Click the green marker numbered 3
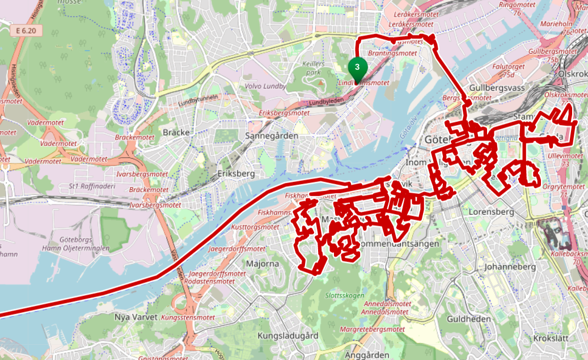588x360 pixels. coord(357,67)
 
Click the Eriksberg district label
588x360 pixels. coord(236,173)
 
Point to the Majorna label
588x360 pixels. coord(262,264)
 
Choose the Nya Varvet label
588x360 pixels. coord(135,317)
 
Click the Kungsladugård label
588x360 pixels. coord(287,336)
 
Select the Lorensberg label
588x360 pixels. coord(491,211)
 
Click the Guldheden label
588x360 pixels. coord(468,319)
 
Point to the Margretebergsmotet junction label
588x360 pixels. coord(372,329)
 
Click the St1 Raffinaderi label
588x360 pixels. coord(92,186)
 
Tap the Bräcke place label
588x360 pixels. coord(175,132)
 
